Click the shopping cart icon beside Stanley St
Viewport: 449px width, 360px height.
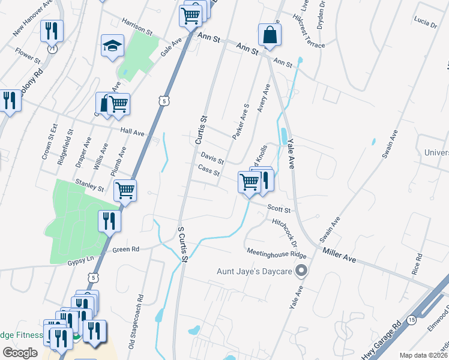point(125,190)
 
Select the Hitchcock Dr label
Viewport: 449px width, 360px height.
point(286,233)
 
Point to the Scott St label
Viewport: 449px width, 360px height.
point(279,210)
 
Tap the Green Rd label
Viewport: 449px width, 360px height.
point(125,249)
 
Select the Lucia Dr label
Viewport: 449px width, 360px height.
point(425,22)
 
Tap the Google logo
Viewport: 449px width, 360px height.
point(20,353)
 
